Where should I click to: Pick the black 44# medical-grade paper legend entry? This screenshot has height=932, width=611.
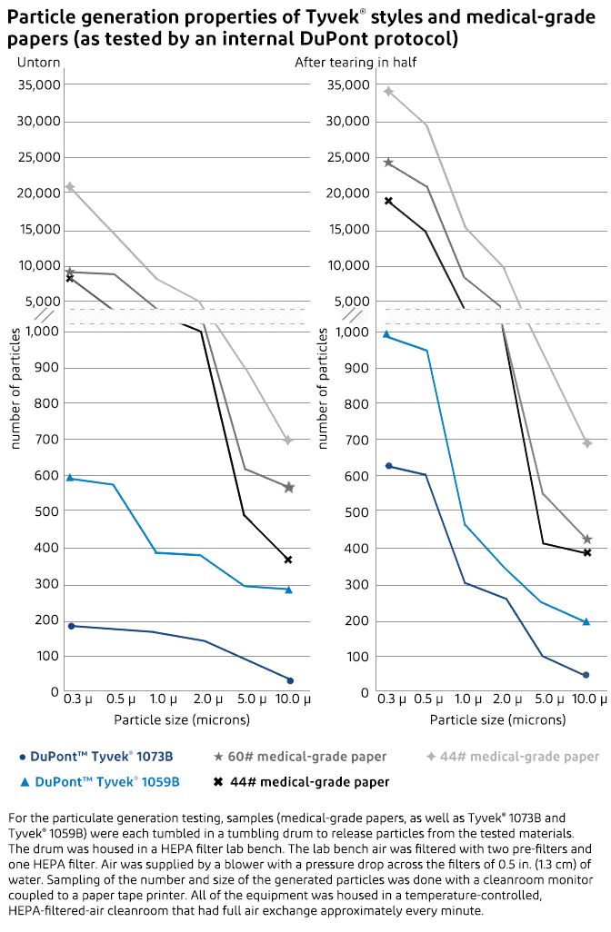click(x=300, y=781)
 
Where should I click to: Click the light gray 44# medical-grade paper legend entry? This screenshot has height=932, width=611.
click(x=513, y=756)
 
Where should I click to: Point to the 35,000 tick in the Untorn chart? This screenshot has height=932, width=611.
click(x=39, y=84)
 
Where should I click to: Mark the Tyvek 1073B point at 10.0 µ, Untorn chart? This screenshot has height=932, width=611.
click(x=290, y=680)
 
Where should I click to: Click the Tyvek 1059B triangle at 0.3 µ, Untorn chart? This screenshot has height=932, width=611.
click(x=70, y=478)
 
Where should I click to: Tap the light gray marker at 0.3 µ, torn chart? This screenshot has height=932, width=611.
click(x=388, y=91)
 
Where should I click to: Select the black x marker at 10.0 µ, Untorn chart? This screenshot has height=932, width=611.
click(x=288, y=560)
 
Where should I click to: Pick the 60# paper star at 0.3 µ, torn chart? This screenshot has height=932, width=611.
click(x=388, y=163)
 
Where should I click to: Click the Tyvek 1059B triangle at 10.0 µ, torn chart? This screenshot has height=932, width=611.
click(x=586, y=622)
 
